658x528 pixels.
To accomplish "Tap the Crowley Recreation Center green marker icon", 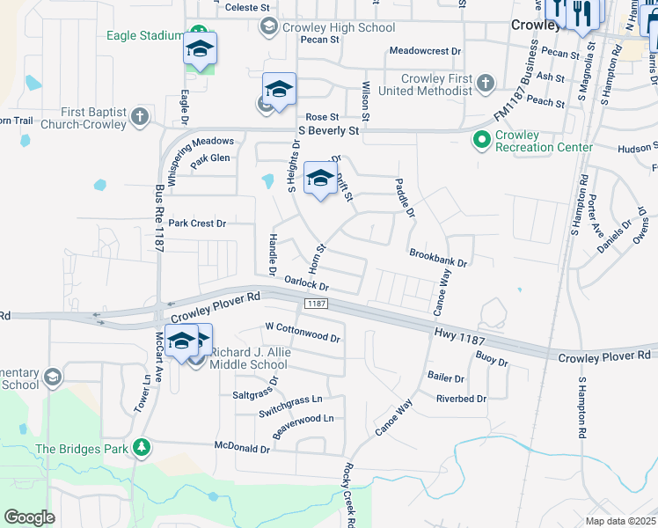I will tap(481, 140).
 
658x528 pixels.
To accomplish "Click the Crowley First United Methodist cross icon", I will tap(485, 84).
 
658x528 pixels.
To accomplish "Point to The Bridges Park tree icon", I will tap(141, 448).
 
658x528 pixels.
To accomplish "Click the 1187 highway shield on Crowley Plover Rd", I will tap(317, 304).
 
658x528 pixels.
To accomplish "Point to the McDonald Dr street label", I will tap(243, 449).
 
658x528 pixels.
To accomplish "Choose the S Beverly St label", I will tap(330, 130).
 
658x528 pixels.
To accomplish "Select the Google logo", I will tap(29, 517).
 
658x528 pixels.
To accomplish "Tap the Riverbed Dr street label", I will tap(461, 399).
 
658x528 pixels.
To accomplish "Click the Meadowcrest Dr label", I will tap(425, 51).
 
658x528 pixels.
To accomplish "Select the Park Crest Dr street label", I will tap(197, 224).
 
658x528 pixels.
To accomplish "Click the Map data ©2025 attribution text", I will tap(620, 521).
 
